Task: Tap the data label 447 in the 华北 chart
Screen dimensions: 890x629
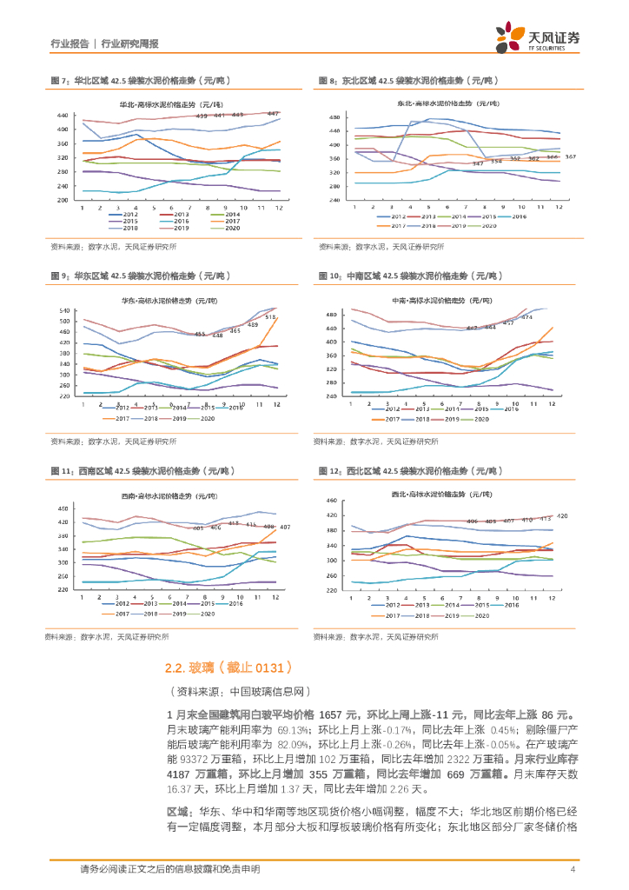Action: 272,113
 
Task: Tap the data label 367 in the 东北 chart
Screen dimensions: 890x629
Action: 571,156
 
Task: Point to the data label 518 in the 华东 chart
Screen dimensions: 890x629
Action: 270,317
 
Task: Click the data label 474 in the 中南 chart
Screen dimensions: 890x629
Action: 526,317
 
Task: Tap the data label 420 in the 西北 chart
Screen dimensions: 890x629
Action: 561,516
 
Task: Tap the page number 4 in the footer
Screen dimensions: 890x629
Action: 573,869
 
